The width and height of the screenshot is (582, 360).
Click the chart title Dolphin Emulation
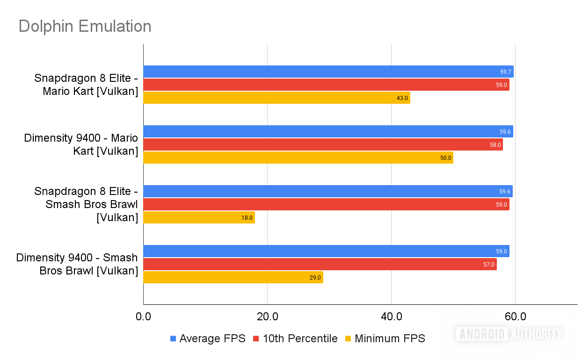click(x=85, y=26)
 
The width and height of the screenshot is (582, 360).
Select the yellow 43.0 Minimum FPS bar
click(x=276, y=98)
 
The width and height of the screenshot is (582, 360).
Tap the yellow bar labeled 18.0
click(x=199, y=217)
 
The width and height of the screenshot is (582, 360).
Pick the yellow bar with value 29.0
click(x=233, y=277)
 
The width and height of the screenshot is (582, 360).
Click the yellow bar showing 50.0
click(x=298, y=158)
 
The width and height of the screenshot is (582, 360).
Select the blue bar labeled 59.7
click(x=328, y=72)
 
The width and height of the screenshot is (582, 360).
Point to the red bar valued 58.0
click(x=323, y=144)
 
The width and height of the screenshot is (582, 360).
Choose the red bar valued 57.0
click(x=320, y=264)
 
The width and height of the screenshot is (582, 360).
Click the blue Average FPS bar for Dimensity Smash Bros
click(x=326, y=251)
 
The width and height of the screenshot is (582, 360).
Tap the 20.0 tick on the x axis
click(x=267, y=317)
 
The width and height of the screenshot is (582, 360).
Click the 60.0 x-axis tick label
click(x=515, y=317)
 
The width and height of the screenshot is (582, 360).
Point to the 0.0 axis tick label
click(x=143, y=317)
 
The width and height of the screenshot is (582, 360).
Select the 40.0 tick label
click(x=391, y=317)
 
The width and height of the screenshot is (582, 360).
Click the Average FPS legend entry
click(x=208, y=338)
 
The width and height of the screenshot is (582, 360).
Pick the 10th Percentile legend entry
click(x=295, y=338)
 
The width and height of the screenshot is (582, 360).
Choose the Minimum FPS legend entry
click(x=385, y=338)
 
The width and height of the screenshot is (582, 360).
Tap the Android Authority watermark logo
click(x=509, y=333)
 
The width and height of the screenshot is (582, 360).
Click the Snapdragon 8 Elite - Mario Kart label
click(x=86, y=85)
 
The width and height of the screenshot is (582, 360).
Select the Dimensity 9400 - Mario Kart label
click(x=81, y=144)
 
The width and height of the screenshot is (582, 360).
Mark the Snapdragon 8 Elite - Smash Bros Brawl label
click(x=86, y=204)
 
